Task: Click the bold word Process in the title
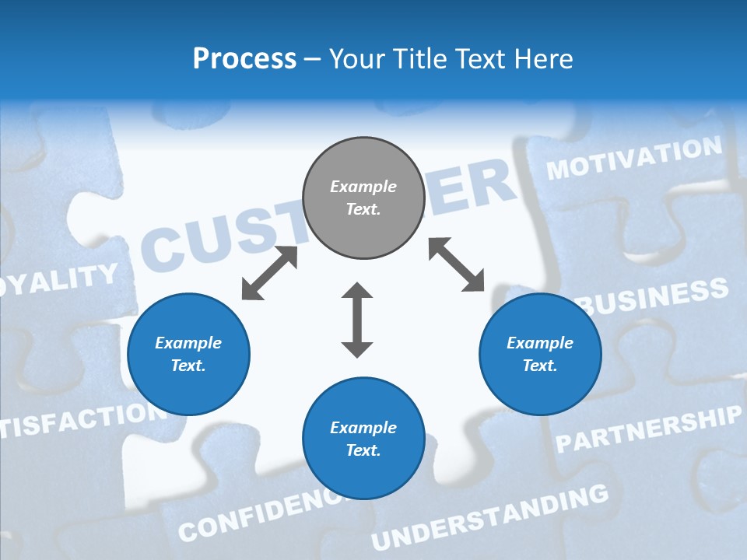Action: click(244, 59)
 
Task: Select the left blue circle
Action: click(188, 354)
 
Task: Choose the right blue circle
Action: click(540, 354)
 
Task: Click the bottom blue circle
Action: click(363, 439)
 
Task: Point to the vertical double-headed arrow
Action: click(357, 320)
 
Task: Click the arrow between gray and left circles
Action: click(269, 273)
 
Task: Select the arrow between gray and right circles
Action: click(457, 264)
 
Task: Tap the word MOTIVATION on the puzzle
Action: click(634, 158)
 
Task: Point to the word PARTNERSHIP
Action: click(648, 430)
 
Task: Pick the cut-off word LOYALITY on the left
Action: click(58, 279)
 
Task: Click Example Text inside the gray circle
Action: click(363, 198)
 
